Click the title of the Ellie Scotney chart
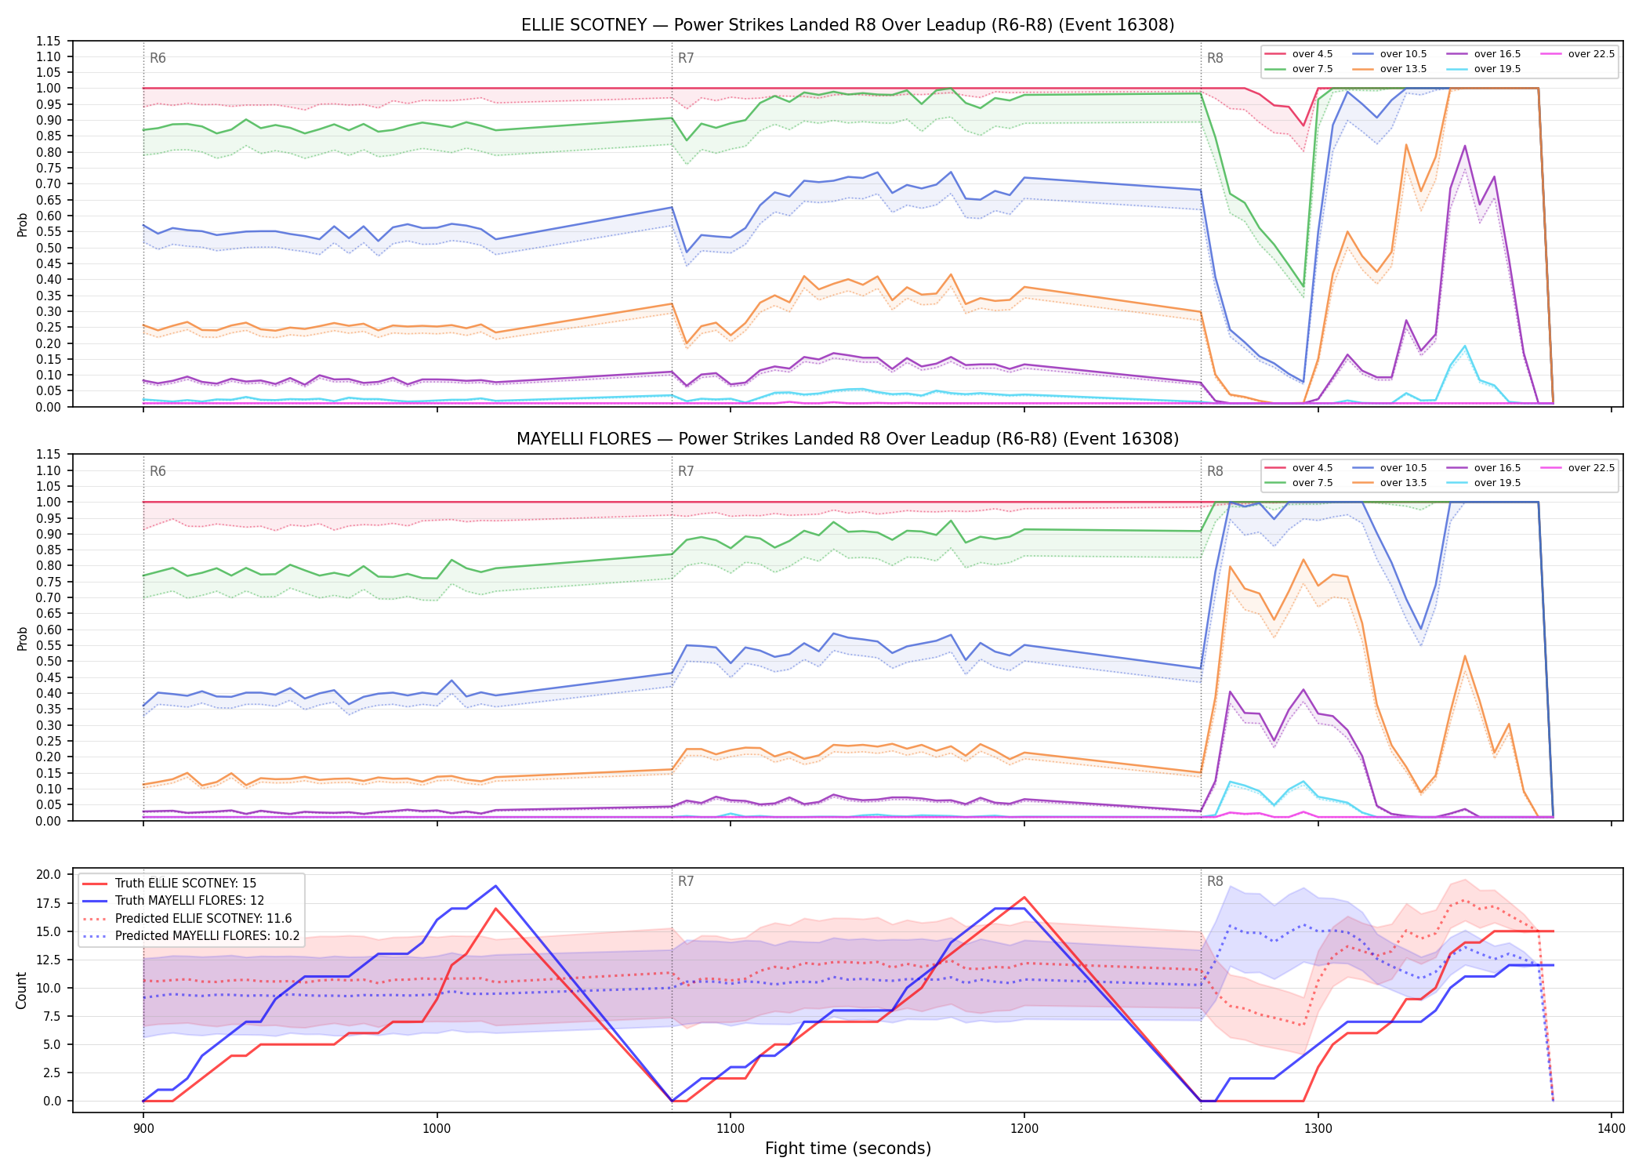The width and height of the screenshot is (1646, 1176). click(x=847, y=25)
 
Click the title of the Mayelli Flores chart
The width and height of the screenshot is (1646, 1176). click(x=847, y=439)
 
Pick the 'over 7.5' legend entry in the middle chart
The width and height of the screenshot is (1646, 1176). click(x=1298, y=483)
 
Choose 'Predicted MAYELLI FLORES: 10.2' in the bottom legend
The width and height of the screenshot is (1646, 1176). click(x=191, y=935)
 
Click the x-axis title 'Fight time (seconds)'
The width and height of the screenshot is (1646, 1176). click(x=848, y=1149)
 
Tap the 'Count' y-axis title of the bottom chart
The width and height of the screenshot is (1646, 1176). click(x=21, y=990)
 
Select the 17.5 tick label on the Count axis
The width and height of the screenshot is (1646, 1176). click(x=50, y=903)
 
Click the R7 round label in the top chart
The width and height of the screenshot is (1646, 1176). click(x=686, y=58)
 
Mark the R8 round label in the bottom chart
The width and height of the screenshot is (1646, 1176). click(x=1215, y=881)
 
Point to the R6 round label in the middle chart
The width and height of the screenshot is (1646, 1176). click(x=158, y=471)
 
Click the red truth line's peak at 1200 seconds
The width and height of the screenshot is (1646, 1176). click(x=1024, y=897)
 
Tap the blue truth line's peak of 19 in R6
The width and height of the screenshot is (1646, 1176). click(x=495, y=886)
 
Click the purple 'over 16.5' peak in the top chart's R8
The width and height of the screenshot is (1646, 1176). click(x=1464, y=146)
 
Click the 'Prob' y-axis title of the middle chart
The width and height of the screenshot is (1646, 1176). click(x=22, y=638)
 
